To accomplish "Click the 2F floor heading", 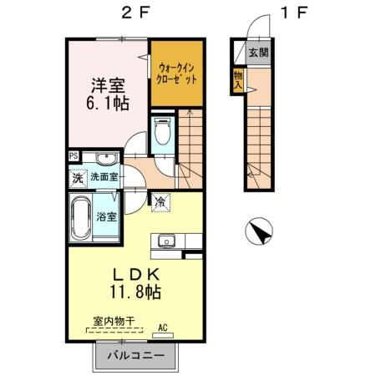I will (135, 13).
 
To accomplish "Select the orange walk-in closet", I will (177, 74).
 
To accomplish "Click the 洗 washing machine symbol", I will (77, 177).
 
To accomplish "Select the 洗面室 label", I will (104, 177).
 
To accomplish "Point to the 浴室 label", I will (105, 216).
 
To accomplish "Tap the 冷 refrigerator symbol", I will (160, 201).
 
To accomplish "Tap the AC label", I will (163, 327).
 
